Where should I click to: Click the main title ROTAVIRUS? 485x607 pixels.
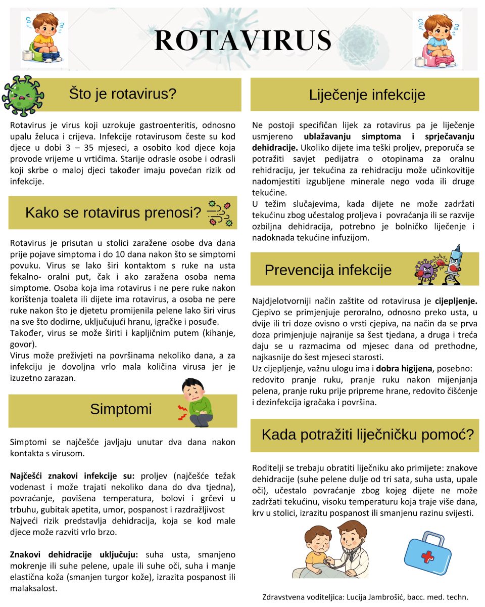(243, 40)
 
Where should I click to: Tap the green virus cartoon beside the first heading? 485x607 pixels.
(23, 95)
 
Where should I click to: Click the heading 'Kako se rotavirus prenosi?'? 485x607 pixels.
(113, 213)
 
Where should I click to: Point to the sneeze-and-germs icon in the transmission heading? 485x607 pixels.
(220, 212)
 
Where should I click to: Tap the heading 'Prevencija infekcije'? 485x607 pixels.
(328, 270)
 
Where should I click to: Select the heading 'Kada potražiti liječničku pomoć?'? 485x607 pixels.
(368, 434)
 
